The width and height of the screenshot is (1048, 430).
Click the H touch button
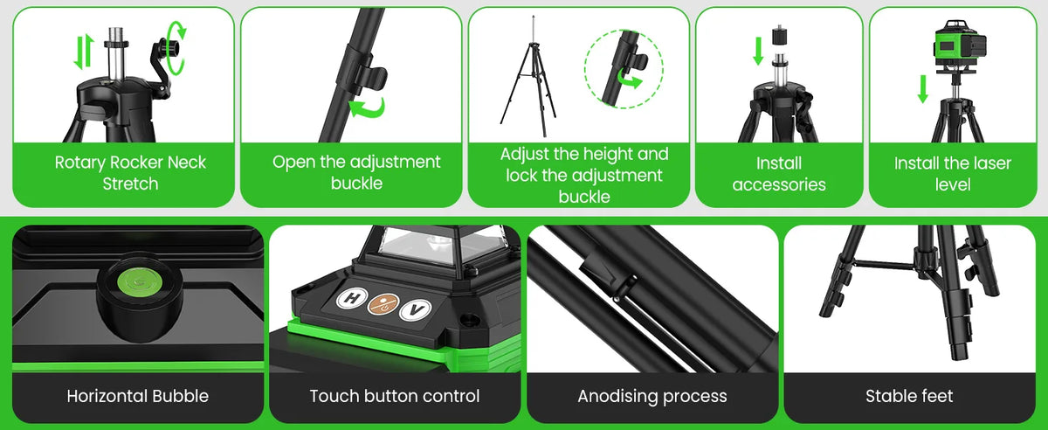click(x=351, y=299)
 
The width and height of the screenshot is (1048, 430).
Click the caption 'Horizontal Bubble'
click(x=138, y=396)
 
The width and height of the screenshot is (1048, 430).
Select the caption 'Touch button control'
click(x=395, y=396)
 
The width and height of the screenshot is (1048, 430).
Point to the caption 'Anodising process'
click(x=652, y=396)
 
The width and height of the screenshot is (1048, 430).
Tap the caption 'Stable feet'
click(x=909, y=396)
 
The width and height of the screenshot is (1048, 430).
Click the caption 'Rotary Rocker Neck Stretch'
click(x=130, y=173)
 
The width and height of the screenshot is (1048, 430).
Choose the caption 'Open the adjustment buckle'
click(x=356, y=173)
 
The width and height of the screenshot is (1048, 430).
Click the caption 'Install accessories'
click(x=779, y=174)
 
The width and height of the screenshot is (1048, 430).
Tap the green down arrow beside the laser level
click(x=922, y=88)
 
